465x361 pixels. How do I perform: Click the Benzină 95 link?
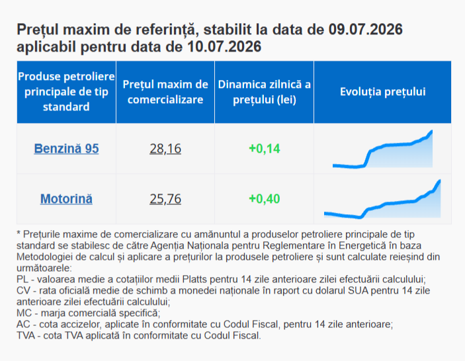tap(66, 149)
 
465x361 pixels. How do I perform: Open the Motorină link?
tap(66, 198)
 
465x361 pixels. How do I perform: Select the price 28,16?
tap(165, 149)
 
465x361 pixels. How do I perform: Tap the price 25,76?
tap(165, 198)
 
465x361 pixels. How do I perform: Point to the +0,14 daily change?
tap(264, 149)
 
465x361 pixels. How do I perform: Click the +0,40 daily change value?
tap(264, 198)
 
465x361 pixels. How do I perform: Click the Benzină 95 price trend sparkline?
tap(382, 149)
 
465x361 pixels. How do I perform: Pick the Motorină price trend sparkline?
tap(382, 199)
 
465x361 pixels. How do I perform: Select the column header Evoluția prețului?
tap(382, 92)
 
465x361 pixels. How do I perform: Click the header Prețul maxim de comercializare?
tap(165, 92)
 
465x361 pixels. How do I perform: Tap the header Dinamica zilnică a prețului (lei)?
tap(264, 92)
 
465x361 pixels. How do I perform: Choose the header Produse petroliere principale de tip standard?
tap(66, 92)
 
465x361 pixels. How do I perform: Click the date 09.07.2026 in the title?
tap(365, 29)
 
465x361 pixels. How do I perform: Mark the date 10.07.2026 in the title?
tap(224, 46)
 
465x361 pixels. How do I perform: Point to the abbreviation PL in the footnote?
tap(22, 280)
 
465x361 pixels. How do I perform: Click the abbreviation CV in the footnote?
tap(23, 291)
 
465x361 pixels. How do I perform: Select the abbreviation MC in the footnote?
tap(24, 313)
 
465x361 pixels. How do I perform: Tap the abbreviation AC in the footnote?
tap(23, 324)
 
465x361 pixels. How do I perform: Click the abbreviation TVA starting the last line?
tap(26, 335)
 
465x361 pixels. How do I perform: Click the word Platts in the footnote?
tap(194, 280)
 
